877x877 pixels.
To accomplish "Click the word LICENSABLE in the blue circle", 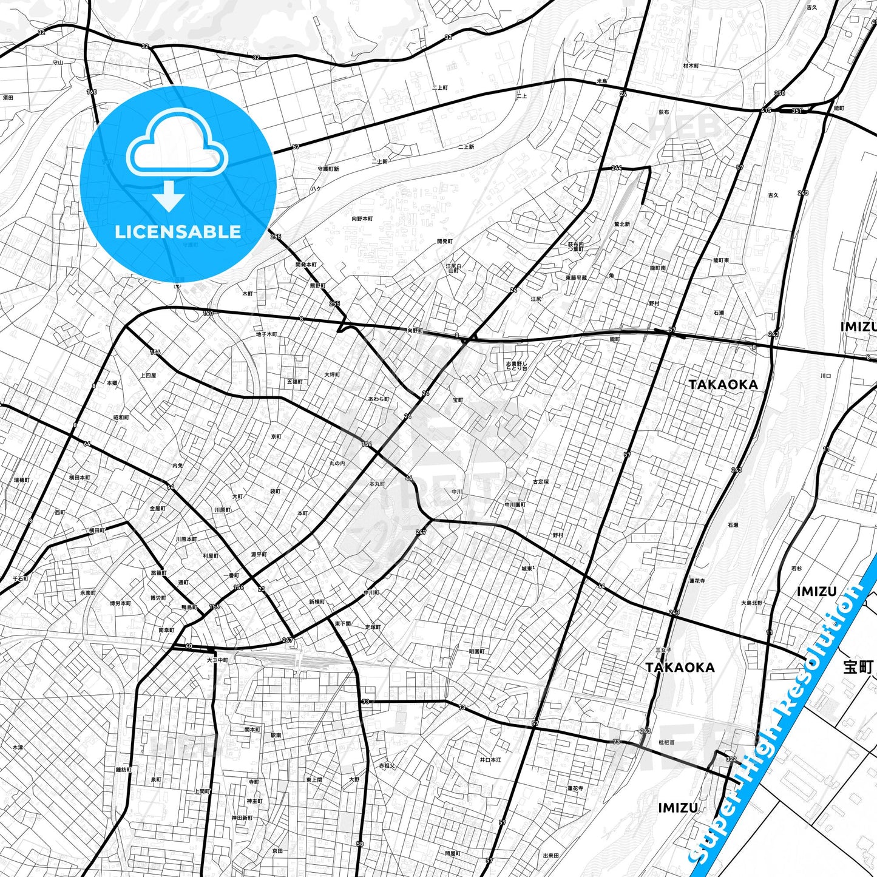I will pos(178,231).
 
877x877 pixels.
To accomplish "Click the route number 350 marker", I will pos(780,93).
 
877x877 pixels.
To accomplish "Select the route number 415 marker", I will pos(767,110).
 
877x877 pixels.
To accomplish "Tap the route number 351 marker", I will pos(797,111).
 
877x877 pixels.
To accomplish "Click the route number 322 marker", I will pos(731,759).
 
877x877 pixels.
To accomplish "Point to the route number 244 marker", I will pos(617,168).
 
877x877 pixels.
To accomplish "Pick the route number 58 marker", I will pos(360,844).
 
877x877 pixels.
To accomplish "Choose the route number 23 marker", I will pos(262,589).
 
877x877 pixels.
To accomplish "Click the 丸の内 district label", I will pos(337,463).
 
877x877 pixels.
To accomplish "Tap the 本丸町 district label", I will pos(377,484).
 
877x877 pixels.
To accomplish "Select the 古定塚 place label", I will pos(541,482).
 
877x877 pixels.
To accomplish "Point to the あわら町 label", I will pos(379,399).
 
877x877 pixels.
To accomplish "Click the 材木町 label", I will pos(691,66).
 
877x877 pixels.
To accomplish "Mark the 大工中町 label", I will pos(217,660).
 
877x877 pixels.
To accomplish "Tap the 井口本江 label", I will pos(490,760).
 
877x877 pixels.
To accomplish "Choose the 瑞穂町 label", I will pos(22,480).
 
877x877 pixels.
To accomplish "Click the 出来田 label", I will pos(550,856).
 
